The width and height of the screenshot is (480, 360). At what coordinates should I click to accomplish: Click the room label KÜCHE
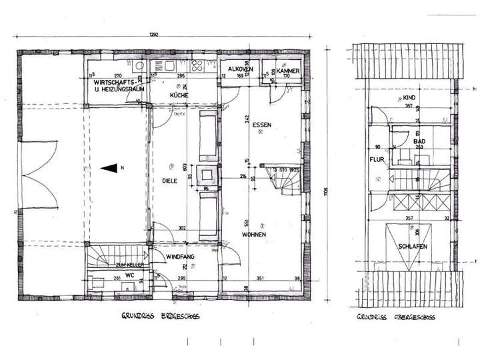tap(179, 96)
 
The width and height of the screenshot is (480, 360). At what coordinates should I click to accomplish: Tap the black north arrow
tap(109, 169)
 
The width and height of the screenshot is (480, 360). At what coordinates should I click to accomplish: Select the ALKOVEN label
tap(239, 69)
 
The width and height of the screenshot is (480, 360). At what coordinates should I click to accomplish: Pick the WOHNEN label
tap(254, 235)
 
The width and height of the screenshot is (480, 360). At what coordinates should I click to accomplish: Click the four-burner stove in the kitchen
tap(198, 66)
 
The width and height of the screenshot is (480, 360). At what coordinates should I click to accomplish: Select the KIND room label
tap(410, 98)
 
